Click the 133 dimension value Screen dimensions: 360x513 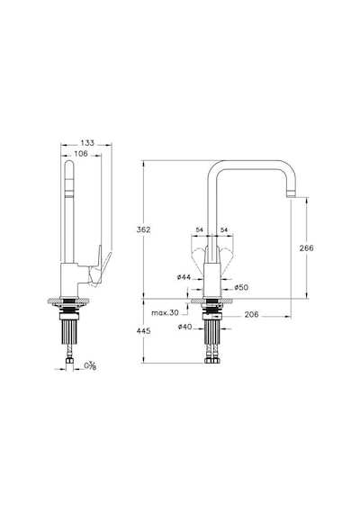click(87, 143)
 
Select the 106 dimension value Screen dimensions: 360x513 click(81, 153)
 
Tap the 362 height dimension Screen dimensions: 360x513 click(144, 229)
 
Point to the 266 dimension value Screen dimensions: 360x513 click(307, 248)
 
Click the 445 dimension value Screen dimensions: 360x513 click(144, 331)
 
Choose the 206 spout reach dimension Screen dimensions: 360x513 click(252, 314)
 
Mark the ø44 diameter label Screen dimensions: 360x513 click(184, 277)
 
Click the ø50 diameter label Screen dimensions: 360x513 click(241, 287)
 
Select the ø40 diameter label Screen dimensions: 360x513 click(184, 327)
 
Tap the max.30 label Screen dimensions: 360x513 click(165, 312)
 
